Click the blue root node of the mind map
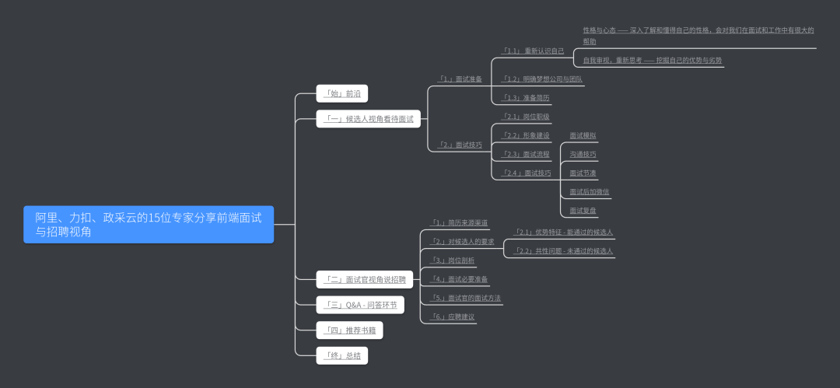tap(149, 225)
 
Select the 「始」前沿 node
tap(342, 93)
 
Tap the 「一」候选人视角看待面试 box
tap(368, 119)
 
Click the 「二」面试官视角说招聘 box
tap(365, 279)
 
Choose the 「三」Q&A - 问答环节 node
tap(360, 305)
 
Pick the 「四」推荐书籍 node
tap(349, 330)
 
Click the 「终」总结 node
tap(342, 356)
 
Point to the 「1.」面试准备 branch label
tap(460, 79)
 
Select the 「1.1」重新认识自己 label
tap(533, 51)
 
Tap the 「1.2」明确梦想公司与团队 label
tap(542, 79)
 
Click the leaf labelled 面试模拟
tap(583, 135)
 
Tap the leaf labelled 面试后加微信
tap(589, 191)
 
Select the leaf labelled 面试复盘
tap(583, 210)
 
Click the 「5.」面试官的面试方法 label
tap(465, 298)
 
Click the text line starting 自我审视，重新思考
tap(653, 60)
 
